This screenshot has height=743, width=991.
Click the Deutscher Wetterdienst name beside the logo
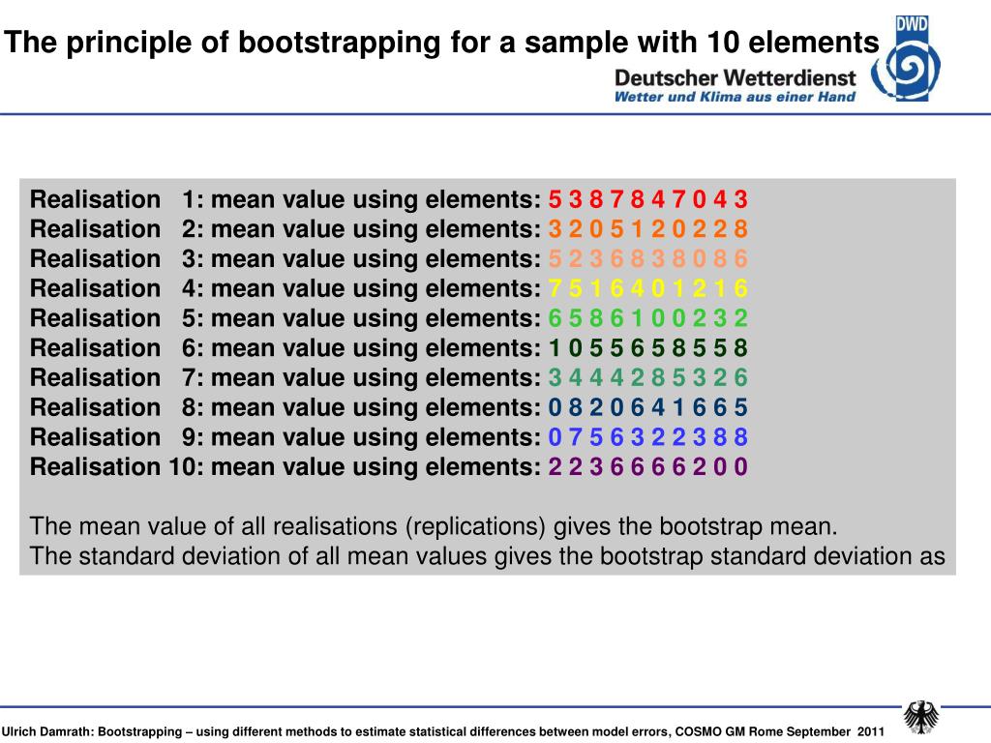736,77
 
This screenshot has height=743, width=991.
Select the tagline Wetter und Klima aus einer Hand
736,97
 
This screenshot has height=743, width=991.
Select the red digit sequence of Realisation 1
647,200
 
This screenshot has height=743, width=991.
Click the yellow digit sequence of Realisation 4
647,288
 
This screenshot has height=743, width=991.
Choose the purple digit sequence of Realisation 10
647,467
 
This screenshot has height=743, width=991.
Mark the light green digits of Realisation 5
647,318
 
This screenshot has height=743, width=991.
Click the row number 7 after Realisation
190,377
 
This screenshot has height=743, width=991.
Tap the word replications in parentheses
475,527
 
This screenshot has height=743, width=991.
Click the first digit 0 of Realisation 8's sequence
555,407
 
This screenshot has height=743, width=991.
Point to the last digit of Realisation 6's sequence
740,348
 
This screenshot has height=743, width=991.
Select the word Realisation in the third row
95,259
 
